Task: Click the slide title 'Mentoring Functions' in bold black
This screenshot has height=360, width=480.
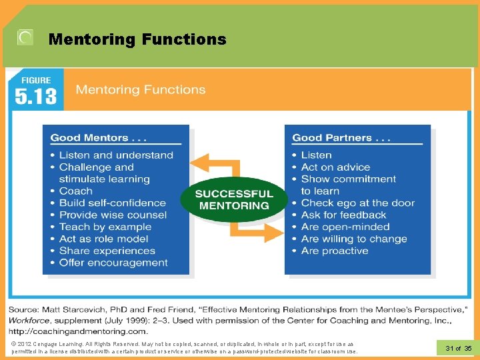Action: tap(137, 39)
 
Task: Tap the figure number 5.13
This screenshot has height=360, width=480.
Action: tap(36, 97)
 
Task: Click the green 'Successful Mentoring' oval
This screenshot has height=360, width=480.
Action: tap(233, 199)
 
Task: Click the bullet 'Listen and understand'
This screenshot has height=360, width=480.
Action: tap(115, 155)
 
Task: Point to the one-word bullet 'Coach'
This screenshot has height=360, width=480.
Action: tap(75, 191)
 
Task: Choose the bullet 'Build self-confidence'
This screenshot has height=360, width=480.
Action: tap(112, 203)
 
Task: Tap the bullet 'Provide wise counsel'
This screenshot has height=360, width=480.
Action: tap(113, 215)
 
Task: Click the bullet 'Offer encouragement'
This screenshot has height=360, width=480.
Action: tap(113, 263)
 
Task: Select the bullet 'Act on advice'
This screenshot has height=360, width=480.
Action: tap(335, 167)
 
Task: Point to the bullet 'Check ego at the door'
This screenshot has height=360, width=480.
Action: tap(357, 203)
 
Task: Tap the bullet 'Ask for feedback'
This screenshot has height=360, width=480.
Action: tap(343, 215)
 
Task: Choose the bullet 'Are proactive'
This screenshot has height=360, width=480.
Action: tap(334, 251)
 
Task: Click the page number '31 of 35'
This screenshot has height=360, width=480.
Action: tap(458, 349)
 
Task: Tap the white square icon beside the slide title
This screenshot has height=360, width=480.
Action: tap(25, 38)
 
